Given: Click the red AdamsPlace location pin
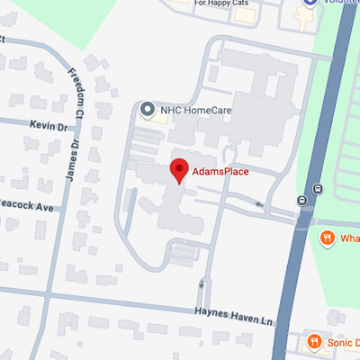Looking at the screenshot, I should point(179,170).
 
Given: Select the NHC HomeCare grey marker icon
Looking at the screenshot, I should point(148,110).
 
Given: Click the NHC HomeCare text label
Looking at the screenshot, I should point(190,110).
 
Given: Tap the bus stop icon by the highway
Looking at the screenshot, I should point(317,190).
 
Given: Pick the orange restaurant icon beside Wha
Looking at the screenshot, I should point(327,238).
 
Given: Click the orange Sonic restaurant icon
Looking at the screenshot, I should point(314,342).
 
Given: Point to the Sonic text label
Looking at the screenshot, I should point(342,343).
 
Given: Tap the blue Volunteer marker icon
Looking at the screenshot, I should point(310,4).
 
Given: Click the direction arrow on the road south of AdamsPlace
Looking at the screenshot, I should point(200,286).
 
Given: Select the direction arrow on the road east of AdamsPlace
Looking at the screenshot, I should point(260,206).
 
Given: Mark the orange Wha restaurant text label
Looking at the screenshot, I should point(348,238).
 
